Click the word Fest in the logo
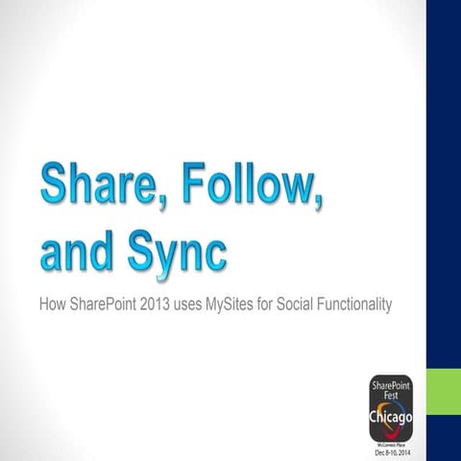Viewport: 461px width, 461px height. (392, 395)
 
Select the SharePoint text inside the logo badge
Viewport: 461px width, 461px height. (392, 385)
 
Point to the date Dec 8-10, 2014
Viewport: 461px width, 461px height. (392, 452)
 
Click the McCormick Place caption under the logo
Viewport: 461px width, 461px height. (392, 445)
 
